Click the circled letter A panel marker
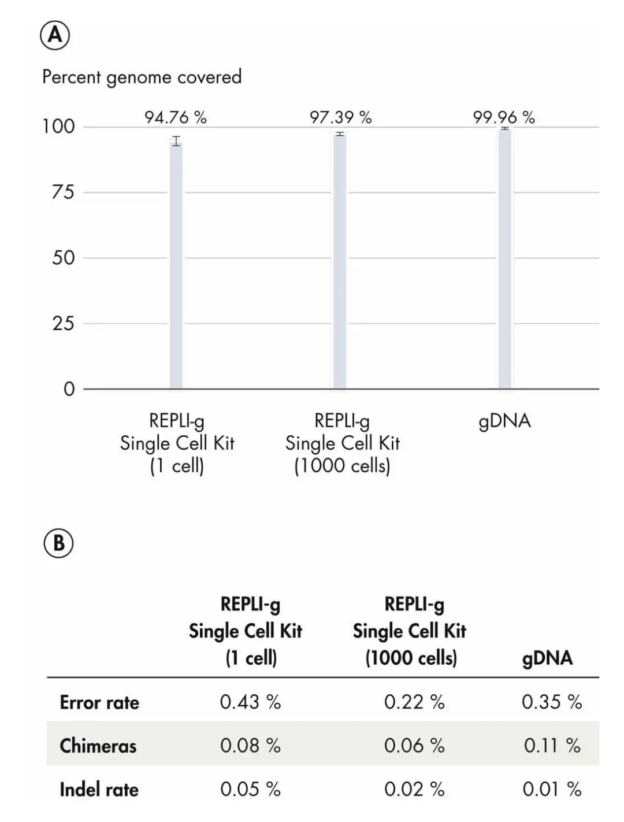point(55,36)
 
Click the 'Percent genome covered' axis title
point(142,77)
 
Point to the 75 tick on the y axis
point(63,192)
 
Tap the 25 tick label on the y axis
point(63,323)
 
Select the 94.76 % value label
point(175,117)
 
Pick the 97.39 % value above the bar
point(340,117)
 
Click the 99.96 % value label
point(504,117)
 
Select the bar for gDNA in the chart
point(505,260)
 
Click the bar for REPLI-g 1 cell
point(176,266)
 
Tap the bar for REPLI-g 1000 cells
point(340,263)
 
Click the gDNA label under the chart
point(504,421)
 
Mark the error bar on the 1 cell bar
point(176,140)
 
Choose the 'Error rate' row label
point(99,702)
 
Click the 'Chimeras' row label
point(98,746)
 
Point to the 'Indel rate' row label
point(99,789)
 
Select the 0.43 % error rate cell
point(250,702)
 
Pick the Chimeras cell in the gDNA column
point(552,745)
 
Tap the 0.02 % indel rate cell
point(414,789)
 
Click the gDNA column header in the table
point(547,658)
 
